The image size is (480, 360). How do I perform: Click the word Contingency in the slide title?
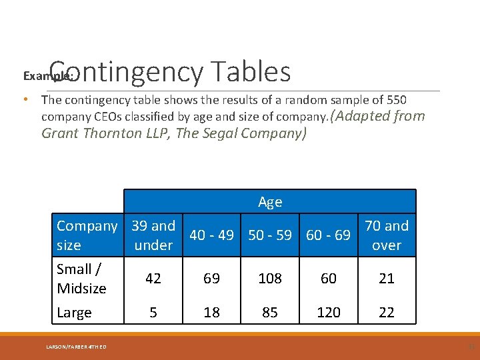125,72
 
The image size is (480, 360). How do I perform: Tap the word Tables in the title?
250,72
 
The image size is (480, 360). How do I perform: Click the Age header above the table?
270,201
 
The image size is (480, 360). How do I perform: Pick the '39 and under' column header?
153,235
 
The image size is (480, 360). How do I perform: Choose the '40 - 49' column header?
211,235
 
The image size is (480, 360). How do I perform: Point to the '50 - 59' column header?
270,235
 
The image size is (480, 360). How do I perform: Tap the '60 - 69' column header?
328,235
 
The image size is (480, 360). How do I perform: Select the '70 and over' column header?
387,235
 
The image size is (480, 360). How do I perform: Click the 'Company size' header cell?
87,235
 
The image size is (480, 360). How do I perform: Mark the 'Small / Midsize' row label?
82,279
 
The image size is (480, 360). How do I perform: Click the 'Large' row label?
74,313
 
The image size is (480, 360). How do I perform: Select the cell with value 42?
153,279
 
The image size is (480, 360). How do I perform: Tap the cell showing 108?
270,279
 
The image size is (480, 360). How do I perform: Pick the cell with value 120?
328,313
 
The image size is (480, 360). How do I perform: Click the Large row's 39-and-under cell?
153,313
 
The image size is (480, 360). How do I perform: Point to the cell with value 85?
270,313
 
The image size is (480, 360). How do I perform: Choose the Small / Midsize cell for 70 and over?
387,279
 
